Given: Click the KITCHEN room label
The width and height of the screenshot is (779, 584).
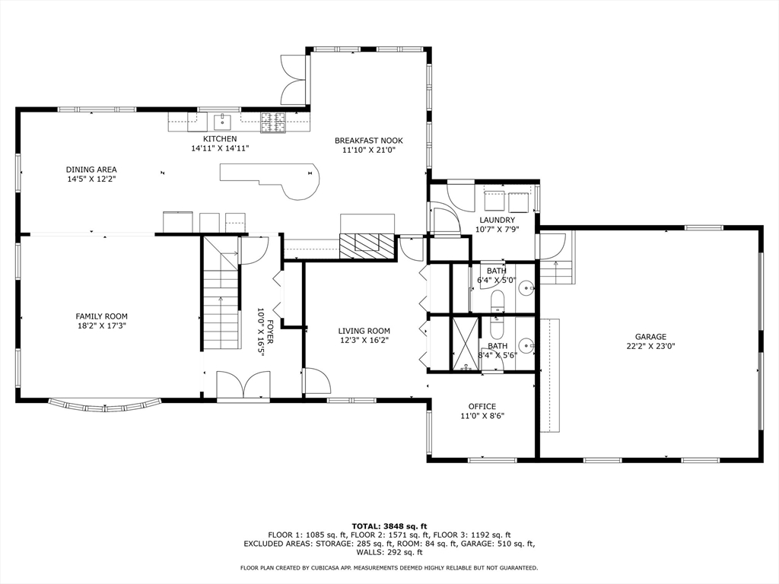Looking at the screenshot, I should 220,139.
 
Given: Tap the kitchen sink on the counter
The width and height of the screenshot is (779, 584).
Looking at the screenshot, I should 223,120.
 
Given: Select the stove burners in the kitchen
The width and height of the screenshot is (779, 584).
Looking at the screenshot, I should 272,120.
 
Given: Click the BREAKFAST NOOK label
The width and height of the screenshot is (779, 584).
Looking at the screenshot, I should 369,141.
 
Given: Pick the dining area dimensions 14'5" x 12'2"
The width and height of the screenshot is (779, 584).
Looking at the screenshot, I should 91,179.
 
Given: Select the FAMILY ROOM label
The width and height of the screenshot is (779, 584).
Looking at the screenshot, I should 101,316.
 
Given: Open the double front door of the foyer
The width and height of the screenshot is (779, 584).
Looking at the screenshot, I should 243,386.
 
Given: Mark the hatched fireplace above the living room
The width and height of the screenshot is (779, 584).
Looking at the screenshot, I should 367,246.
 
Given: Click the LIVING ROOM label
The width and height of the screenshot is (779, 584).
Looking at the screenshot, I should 364,331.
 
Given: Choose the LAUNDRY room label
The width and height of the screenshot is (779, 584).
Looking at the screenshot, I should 497,221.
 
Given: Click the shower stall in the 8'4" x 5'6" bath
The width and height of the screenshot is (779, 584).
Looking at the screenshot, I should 465,344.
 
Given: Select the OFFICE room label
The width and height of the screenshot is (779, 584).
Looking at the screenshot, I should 482,406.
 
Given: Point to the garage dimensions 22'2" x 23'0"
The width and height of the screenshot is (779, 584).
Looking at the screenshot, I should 650,346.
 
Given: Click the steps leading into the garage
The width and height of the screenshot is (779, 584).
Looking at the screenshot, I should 556,270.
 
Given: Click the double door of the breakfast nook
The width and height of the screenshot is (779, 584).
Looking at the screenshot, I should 294,79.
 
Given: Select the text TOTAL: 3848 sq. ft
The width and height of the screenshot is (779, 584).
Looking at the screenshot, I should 389,525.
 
